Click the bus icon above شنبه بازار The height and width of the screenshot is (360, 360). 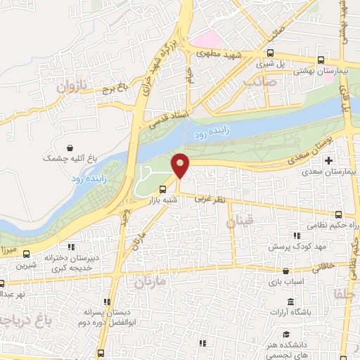pos(163,189)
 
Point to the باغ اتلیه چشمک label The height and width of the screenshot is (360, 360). pos(68,160)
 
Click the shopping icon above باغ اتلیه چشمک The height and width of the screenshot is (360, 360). pos(70,148)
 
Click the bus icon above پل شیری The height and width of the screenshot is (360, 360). pos(270,52)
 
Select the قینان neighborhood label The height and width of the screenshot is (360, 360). pos(236,223)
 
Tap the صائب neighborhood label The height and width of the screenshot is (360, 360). pos(260,83)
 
